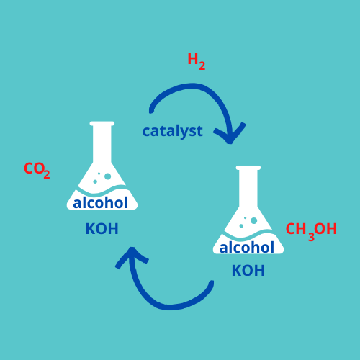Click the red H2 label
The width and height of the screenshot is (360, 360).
[197, 62]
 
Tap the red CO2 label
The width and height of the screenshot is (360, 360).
[37, 170]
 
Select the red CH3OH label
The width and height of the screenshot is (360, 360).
[311, 231]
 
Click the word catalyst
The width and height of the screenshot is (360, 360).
[173, 131]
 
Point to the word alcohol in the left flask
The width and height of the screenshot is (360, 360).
[100, 203]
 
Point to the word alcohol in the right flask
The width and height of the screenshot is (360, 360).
[246, 247]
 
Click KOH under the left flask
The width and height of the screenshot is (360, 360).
[102, 229]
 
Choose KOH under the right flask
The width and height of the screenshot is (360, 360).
[248, 271]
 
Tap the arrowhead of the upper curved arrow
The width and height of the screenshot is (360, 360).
[230, 135]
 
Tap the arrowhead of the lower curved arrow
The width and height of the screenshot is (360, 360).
[132, 257]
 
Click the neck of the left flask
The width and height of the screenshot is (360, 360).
[102, 144]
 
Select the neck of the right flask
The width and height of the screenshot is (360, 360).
[248, 188]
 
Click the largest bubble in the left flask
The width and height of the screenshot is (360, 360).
[108, 176]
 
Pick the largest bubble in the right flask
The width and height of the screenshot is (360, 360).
[254, 220]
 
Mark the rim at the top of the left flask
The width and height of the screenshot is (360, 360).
[102, 124]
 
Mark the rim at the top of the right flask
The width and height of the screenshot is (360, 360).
[248, 168]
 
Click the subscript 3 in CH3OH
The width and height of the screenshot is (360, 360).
[311, 237]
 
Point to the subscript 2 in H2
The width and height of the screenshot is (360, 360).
[202, 66]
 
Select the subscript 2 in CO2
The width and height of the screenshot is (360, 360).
[47, 174]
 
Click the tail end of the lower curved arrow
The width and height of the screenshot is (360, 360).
[211, 283]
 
